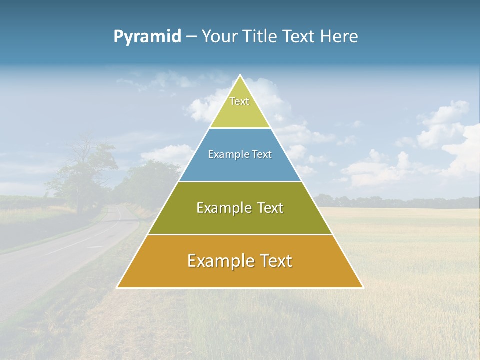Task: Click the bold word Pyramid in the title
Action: [x=147, y=36]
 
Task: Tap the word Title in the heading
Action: [x=262, y=36]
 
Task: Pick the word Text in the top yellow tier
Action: [x=239, y=101]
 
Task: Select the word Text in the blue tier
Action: [x=262, y=154]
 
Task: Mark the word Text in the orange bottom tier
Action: [x=273, y=261]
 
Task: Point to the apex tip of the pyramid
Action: [x=240, y=76]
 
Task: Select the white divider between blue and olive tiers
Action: [x=240, y=181]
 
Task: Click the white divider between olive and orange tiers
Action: [x=240, y=234]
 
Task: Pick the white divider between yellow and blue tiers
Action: [x=240, y=128]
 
